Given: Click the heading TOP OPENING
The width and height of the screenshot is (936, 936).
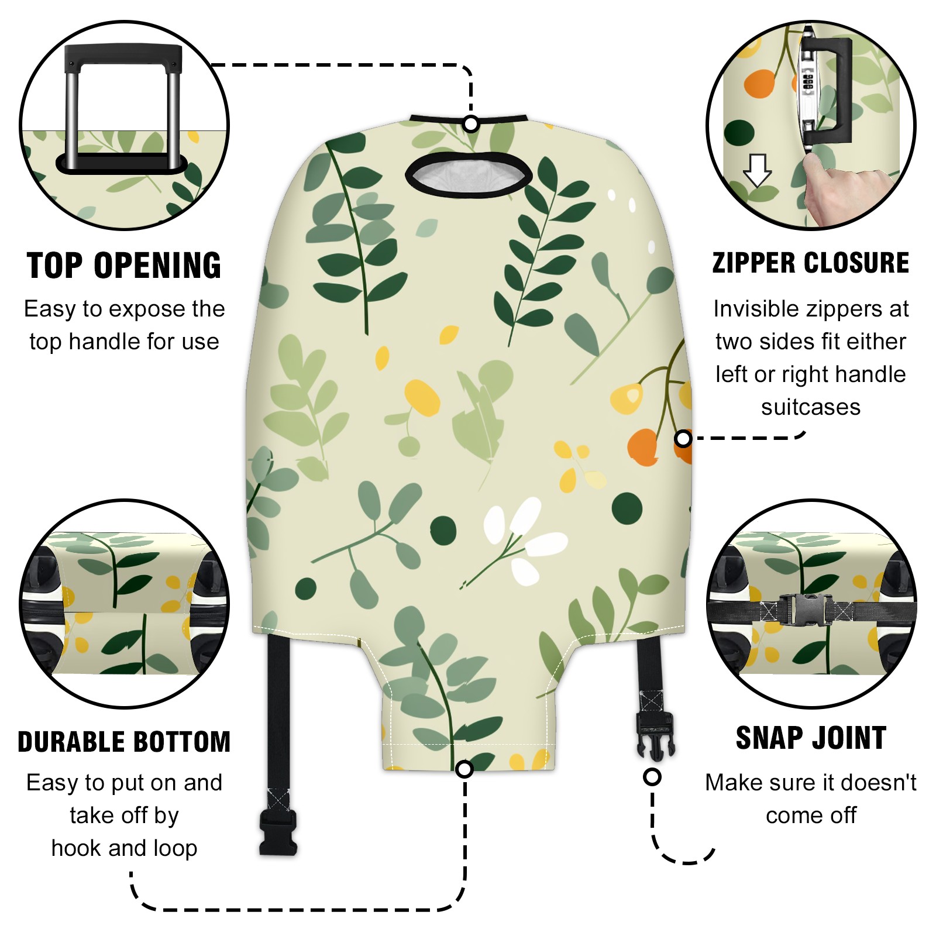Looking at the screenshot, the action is (x=124, y=266).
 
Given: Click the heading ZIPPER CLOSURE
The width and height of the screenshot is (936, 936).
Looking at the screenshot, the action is (x=811, y=263).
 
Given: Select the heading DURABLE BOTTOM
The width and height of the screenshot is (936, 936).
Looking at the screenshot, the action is (x=124, y=742).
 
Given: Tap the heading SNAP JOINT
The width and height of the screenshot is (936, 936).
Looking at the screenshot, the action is (x=811, y=738).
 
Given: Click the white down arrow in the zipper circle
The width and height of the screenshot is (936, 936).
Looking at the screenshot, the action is (x=758, y=170).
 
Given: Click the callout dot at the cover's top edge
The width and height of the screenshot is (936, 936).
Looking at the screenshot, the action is (x=471, y=124).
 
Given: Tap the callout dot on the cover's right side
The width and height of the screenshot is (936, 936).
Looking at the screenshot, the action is (x=683, y=438).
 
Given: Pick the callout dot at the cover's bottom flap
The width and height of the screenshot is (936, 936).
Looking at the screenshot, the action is (x=464, y=769).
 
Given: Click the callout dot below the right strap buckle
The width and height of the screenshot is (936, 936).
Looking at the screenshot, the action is (x=652, y=777).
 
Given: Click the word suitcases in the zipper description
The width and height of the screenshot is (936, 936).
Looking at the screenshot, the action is (x=811, y=407).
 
